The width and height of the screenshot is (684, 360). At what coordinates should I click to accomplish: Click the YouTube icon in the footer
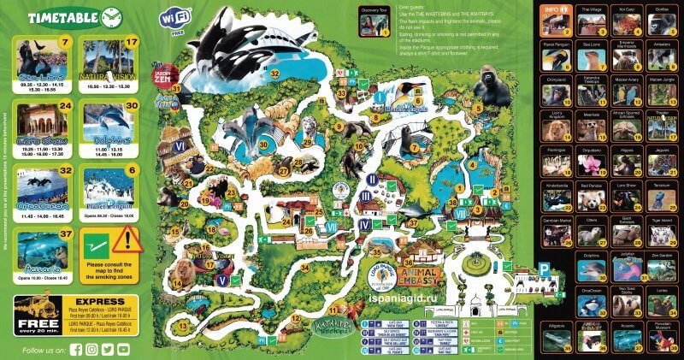tap(124, 349)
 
